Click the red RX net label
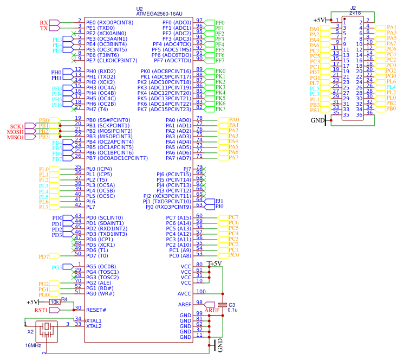[44, 22]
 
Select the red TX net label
[44, 28]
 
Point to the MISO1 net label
[15, 137]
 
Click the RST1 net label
[41, 310]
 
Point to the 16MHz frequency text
[32, 345]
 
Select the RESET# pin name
[96, 310]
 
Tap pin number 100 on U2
[200, 292]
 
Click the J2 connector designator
[353, 8]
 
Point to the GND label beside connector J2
[317, 120]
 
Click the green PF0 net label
[219, 22]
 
